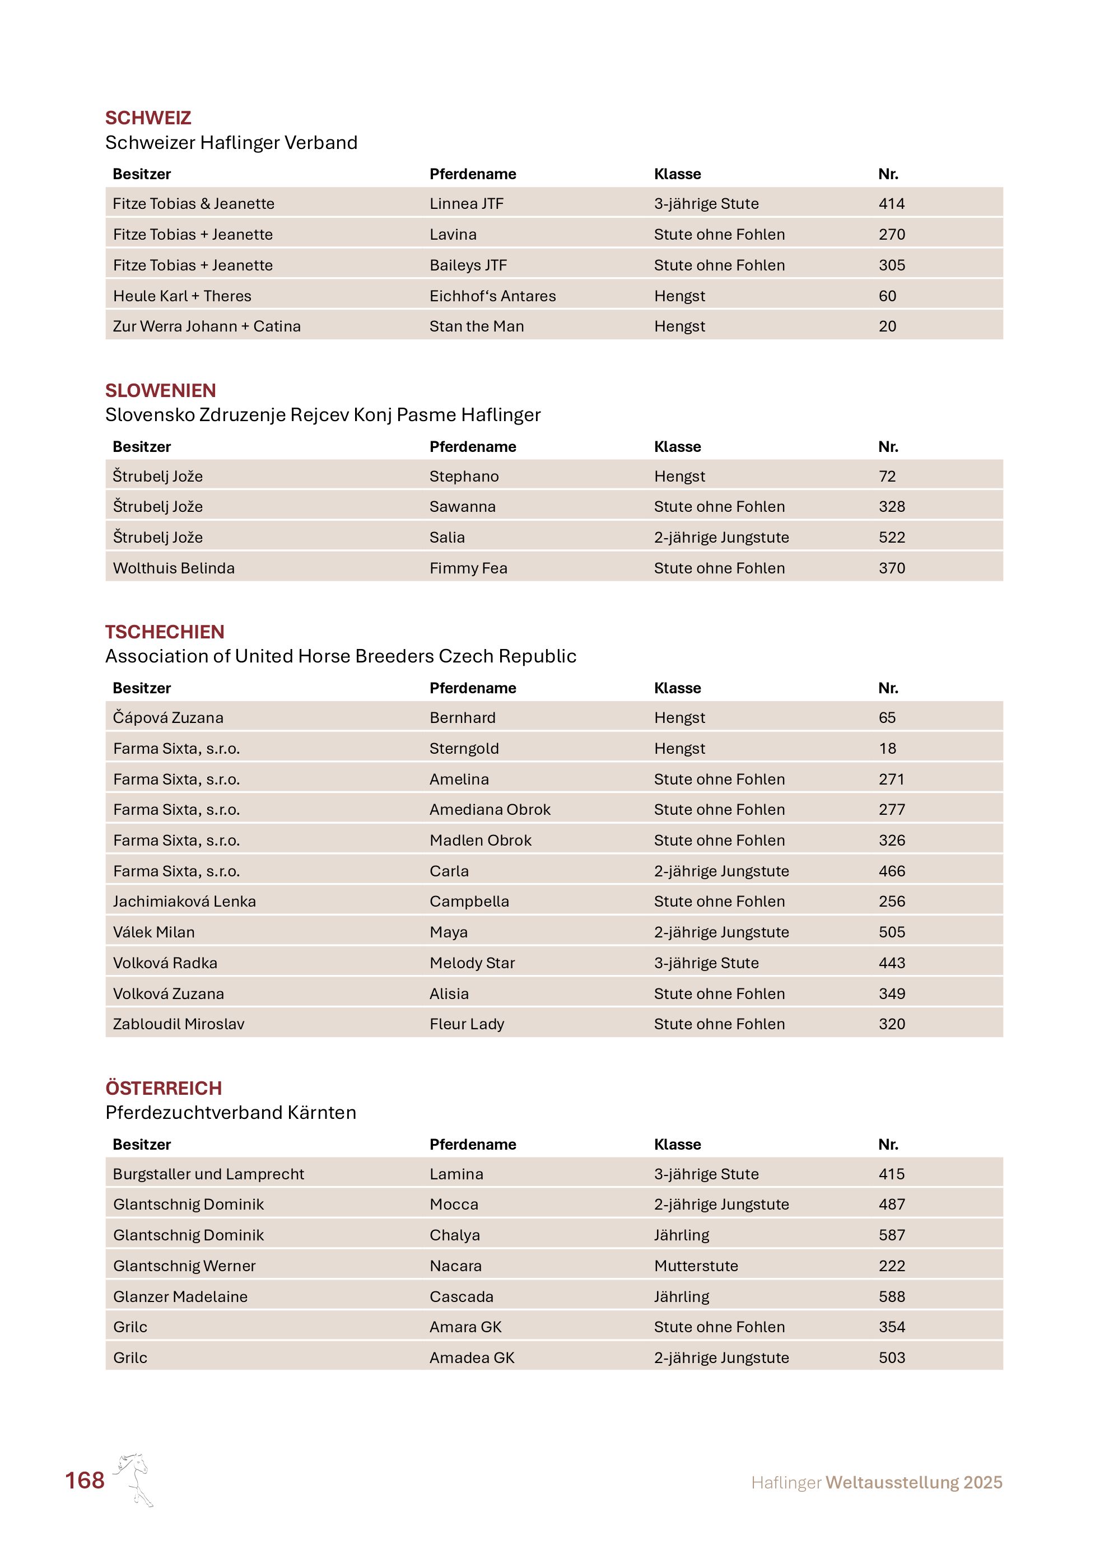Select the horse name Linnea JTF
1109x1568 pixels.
click(x=467, y=203)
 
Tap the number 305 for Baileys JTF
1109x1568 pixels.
click(x=891, y=265)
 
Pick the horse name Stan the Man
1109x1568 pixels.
click(x=476, y=326)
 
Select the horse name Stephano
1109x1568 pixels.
click(x=464, y=476)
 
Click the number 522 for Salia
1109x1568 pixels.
click(x=891, y=538)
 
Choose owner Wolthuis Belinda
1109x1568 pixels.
click(x=174, y=568)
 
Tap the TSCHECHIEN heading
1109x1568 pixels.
click(x=165, y=632)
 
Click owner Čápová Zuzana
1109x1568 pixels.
click(x=168, y=718)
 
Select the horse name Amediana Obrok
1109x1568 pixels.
click(x=490, y=809)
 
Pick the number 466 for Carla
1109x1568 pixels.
click(x=891, y=871)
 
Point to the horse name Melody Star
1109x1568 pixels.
click(x=472, y=963)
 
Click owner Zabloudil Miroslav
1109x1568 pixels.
click(x=178, y=1024)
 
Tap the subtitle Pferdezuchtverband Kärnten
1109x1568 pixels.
click(x=230, y=1113)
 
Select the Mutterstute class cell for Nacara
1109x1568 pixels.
click(x=695, y=1266)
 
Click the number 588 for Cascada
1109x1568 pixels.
click(x=891, y=1296)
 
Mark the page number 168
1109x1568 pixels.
click(x=85, y=1481)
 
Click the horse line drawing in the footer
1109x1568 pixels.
click(x=134, y=1479)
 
